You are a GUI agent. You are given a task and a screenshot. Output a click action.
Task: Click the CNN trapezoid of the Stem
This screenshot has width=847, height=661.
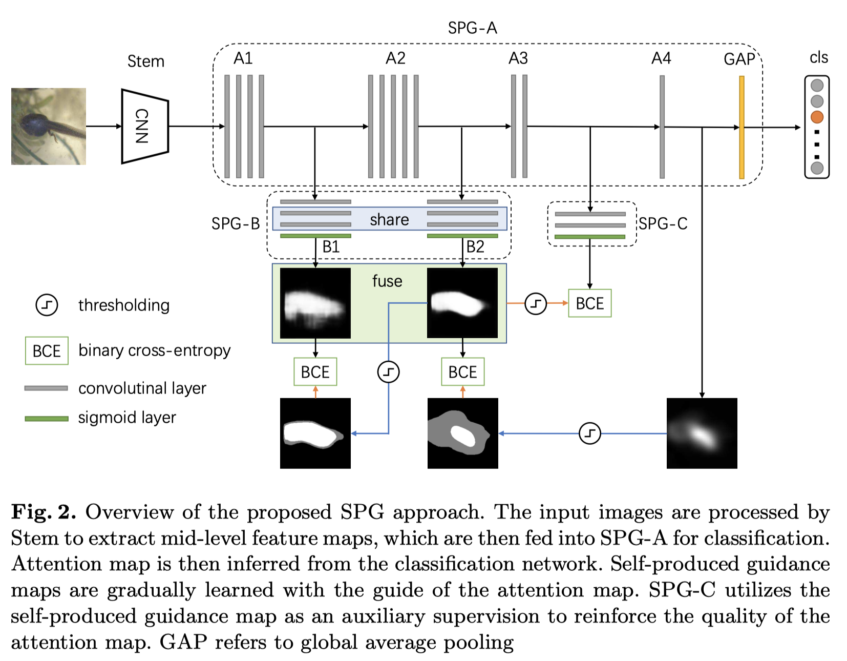(x=144, y=126)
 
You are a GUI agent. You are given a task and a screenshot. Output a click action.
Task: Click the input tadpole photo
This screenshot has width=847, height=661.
(x=49, y=126)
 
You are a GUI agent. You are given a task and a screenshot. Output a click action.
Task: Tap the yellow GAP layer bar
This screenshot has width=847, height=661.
(x=741, y=127)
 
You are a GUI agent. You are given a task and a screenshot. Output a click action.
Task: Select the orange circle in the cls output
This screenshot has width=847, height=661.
(x=817, y=117)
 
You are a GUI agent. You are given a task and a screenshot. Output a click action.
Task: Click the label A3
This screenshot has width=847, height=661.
(x=518, y=58)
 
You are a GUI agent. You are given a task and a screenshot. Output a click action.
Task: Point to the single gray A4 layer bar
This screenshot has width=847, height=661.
(x=662, y=127)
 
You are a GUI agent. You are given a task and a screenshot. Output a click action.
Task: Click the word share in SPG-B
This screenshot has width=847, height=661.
(x=389, y=220)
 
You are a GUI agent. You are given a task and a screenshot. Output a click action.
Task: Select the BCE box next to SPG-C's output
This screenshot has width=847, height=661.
(x=589, y=303)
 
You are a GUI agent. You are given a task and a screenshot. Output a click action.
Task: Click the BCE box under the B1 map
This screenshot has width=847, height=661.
(x=315, y=372)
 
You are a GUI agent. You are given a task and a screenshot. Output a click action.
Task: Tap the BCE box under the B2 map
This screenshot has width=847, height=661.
(x=462, y=372)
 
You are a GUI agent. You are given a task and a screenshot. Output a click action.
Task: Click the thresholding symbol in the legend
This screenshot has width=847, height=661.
(x=47, y=305)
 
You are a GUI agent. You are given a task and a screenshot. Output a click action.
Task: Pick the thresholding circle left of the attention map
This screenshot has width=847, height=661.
(x=589, y=433)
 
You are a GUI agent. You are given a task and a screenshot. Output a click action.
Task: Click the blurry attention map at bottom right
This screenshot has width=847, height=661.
(x=702, y=433)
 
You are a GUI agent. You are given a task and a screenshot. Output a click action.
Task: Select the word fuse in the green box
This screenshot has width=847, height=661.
(x=387, y=281)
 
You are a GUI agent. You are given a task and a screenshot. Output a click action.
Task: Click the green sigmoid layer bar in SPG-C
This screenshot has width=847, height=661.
(x=589, y=237)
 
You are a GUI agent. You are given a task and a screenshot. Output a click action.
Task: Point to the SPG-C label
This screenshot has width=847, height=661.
(x=663, y=224)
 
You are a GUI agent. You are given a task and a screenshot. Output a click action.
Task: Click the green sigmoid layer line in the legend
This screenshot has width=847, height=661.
(x=47, y=419)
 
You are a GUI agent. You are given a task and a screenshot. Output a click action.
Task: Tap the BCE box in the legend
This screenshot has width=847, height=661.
(x=47, y=351)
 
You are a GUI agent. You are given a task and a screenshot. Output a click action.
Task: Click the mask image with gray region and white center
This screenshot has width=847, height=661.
(x=462, y=433)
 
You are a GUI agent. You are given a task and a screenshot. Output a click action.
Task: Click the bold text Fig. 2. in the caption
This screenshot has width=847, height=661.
(x=44, y=512)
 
